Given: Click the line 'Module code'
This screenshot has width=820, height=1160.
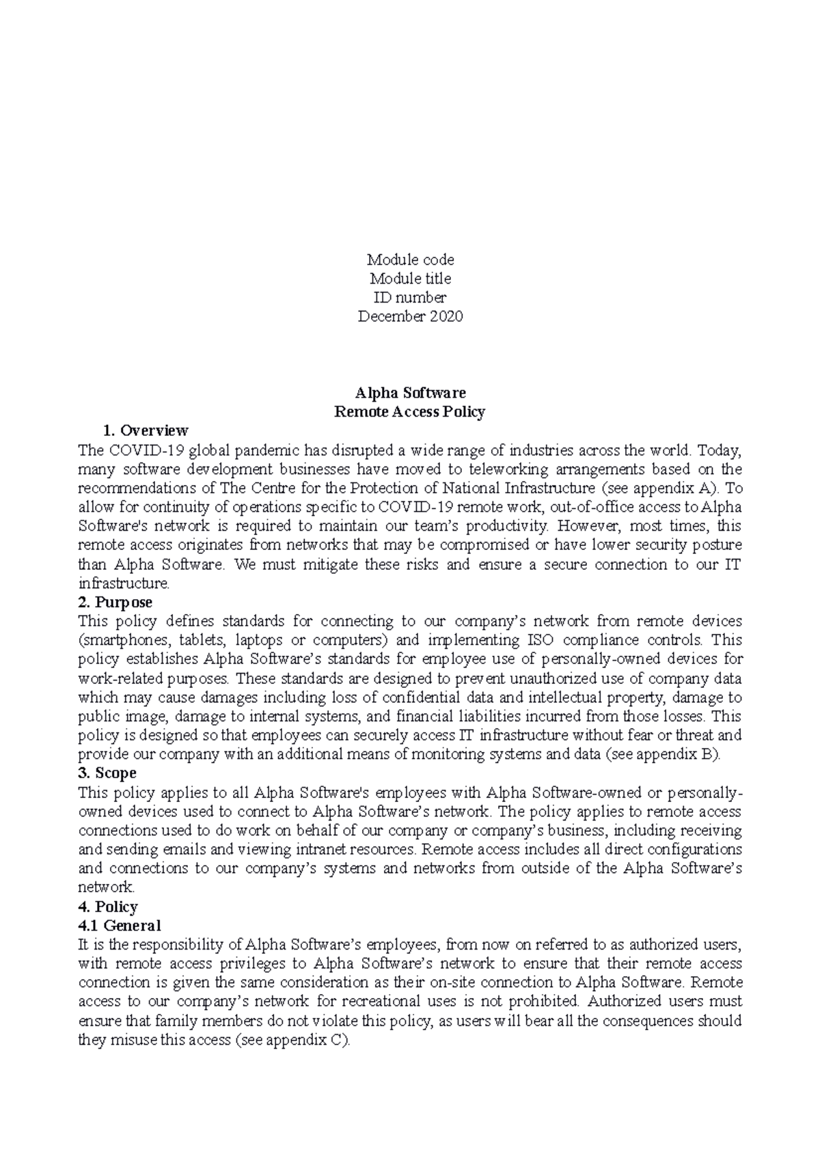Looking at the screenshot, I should [x=410, y=260].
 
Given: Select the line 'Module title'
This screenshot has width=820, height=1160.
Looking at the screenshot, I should [x=410, y=279].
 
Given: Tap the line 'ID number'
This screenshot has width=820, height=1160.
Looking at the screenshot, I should [x=410, y=298].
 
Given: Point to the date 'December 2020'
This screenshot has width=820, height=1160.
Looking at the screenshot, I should [x=410, y=316].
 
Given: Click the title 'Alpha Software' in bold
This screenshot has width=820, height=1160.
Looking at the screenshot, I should [x=410, y=393].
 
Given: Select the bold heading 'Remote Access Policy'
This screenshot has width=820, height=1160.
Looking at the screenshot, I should [x=409, y=412].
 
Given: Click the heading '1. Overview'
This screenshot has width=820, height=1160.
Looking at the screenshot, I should [x=145, y=431].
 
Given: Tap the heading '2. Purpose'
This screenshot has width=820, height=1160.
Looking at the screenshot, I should [x=115, y=603].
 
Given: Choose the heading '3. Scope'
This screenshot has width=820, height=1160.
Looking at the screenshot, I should [x=107, y=773].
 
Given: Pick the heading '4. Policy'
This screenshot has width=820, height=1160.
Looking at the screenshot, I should [x=108, y=907].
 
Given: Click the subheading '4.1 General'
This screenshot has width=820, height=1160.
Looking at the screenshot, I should [x=120, y=926].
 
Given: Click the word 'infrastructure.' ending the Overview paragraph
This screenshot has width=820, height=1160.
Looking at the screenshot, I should [x=123, y=584].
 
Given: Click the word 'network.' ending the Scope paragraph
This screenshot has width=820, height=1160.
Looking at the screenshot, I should [x=107, y=888].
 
